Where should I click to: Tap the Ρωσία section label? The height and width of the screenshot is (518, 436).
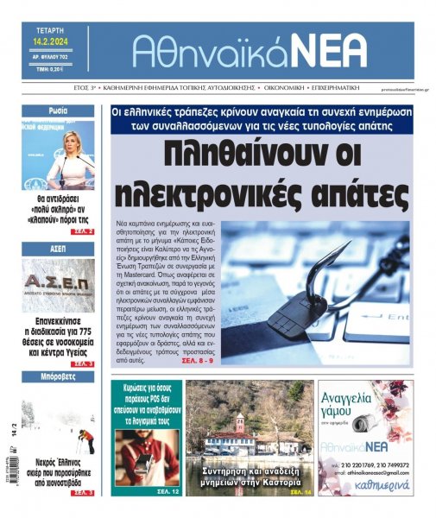pyautogui.click(x=59, y=111)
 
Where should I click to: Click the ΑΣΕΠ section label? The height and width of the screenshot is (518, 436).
pyautogui.click(x=59, y=247)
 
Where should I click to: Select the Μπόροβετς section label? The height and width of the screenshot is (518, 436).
pyautogui.click(x=59, y=377)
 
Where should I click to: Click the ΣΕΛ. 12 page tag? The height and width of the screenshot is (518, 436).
pyautogui.click(x=167, y=491)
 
